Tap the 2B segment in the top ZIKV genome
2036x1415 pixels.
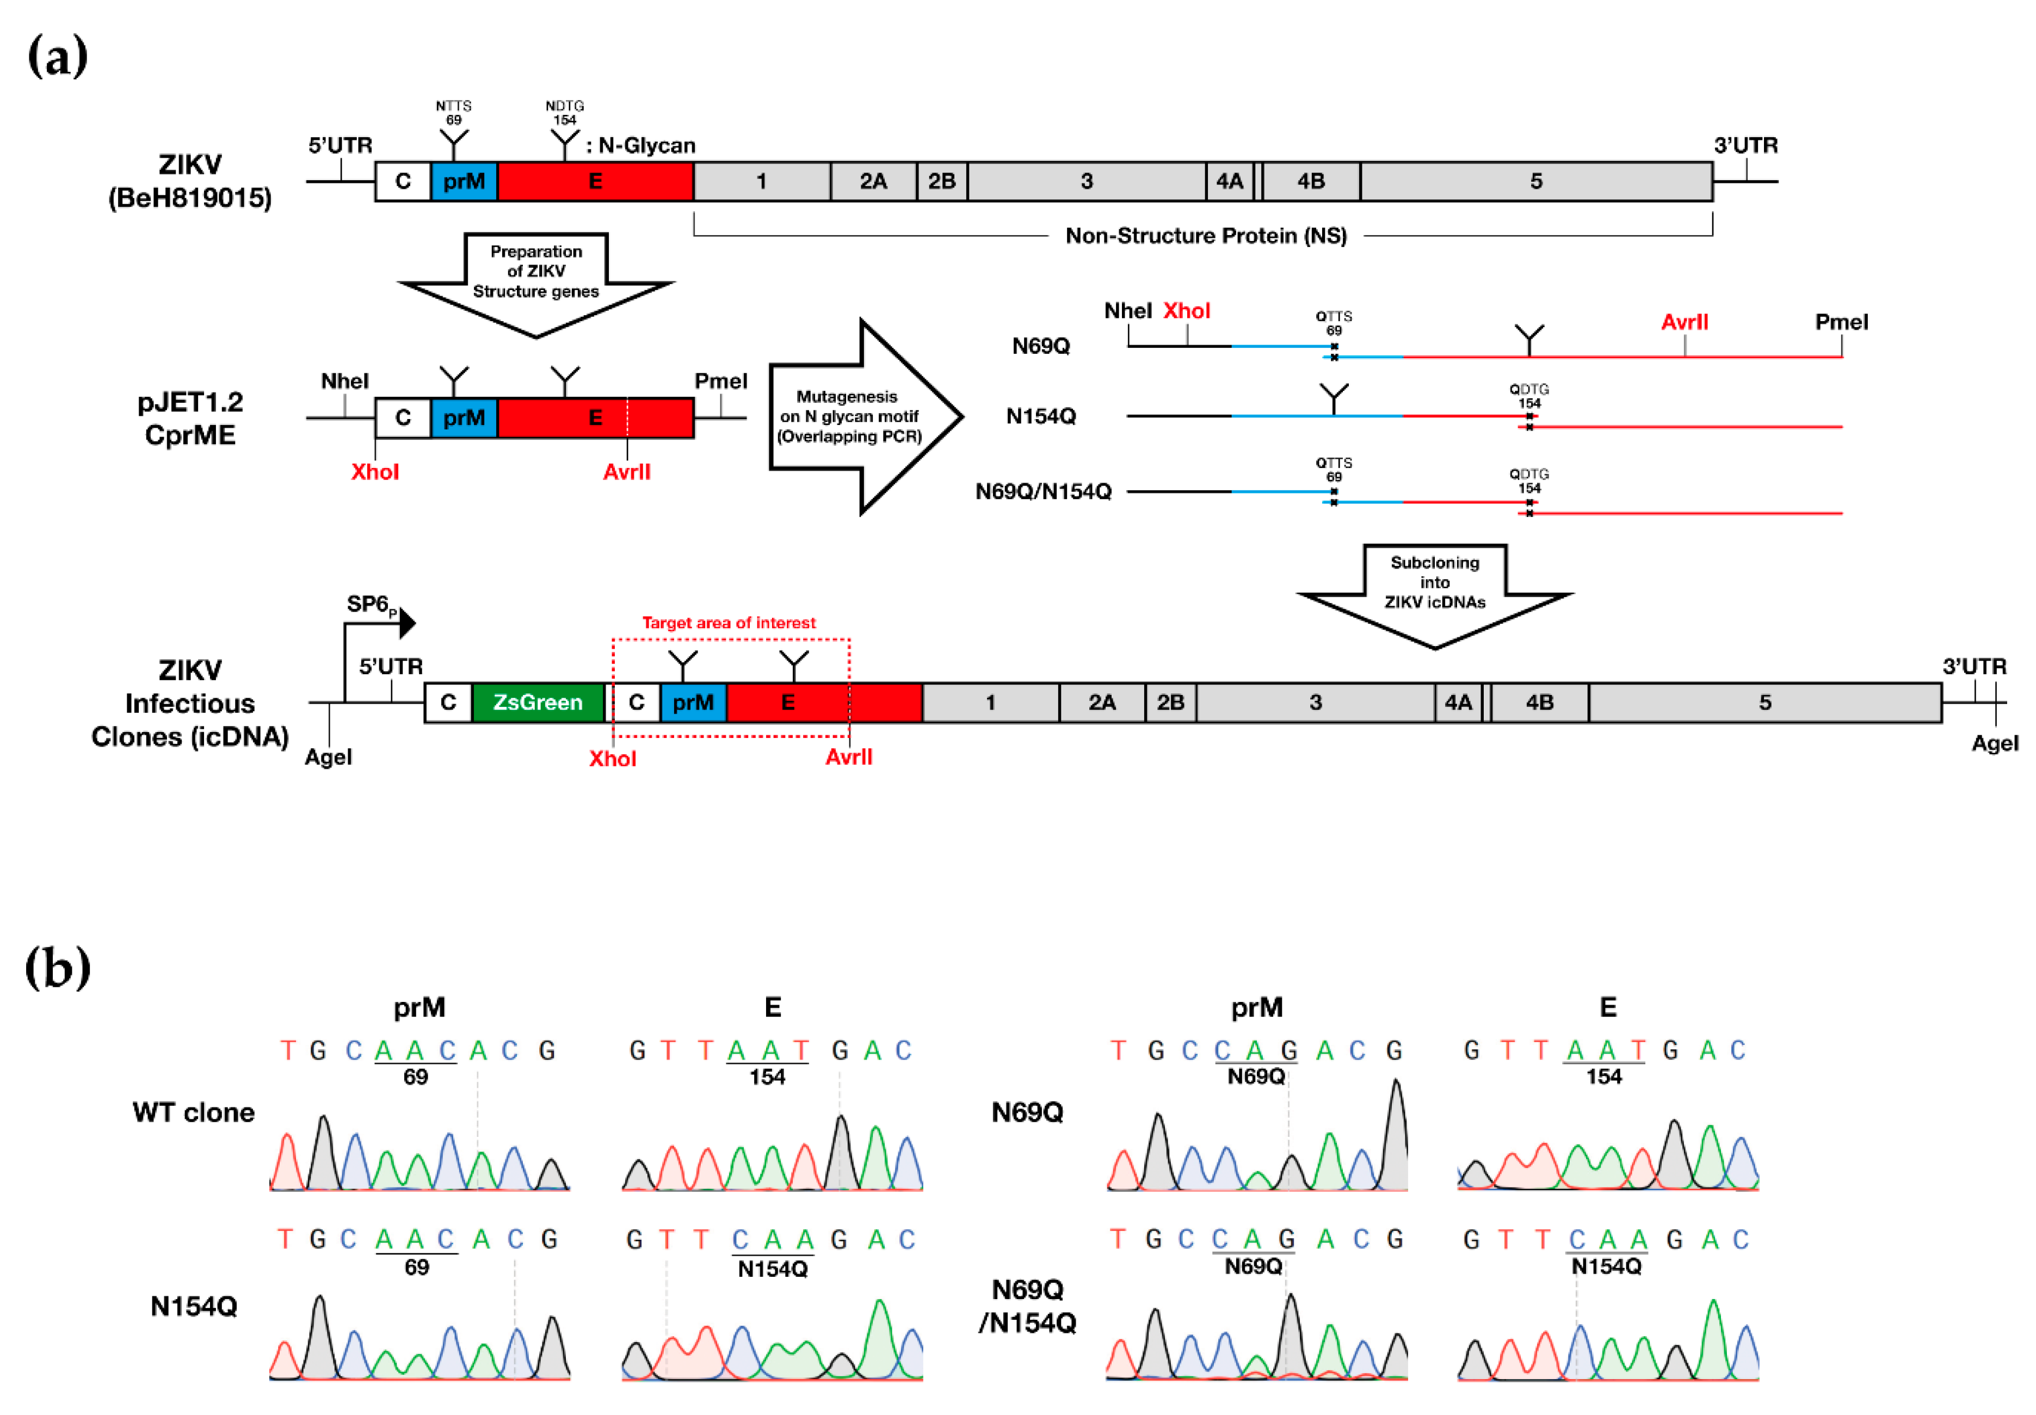coord(941,182)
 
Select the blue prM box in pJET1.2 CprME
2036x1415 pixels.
coord(464,417)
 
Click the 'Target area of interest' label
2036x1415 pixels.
coord(729,623)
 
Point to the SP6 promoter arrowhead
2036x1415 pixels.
coord(407,623)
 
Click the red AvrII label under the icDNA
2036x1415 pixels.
coord(848,756)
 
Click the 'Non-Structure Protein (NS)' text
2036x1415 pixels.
coord(1206,236)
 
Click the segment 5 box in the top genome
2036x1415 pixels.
coord(1536,182)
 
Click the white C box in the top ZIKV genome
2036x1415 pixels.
coord(403,182)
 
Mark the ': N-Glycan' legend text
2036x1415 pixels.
coord(641,145)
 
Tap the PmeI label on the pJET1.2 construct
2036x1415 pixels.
coord(720,382)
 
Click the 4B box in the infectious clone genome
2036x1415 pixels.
coord(1540,702)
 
